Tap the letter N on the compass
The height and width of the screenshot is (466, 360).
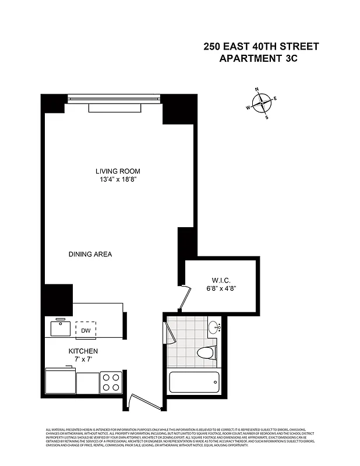pyautogui.click(x=257, y=90)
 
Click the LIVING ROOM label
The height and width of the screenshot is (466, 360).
pyautogui.click(x=118, y=171)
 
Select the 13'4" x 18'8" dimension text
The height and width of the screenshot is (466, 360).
pyautogui.click(x=118, y=180)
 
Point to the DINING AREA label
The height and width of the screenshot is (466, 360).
pyautogui.click(x=90, y=255)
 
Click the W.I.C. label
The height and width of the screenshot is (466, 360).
pyautogui.click(x=221, y=278)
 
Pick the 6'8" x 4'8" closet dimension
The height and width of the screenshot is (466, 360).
pyautogui.click(x=221, y=288)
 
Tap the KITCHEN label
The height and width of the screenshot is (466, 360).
pyautogui.click(x=83, y=351)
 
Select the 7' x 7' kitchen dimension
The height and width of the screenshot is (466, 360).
pyautogui.click(x=83, y=360)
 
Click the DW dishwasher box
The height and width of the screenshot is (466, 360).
pyautogui.click(x=86, y=330)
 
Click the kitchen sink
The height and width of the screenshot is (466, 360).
pyautogui.click(x=60, y=328)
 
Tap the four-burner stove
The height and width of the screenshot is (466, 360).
pyautogui.click(x=111, y=382)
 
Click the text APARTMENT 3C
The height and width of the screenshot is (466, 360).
pyautogui.click(x=258, y=58)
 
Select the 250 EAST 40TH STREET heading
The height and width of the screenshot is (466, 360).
pyautogui.click(x=261, y=46)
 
